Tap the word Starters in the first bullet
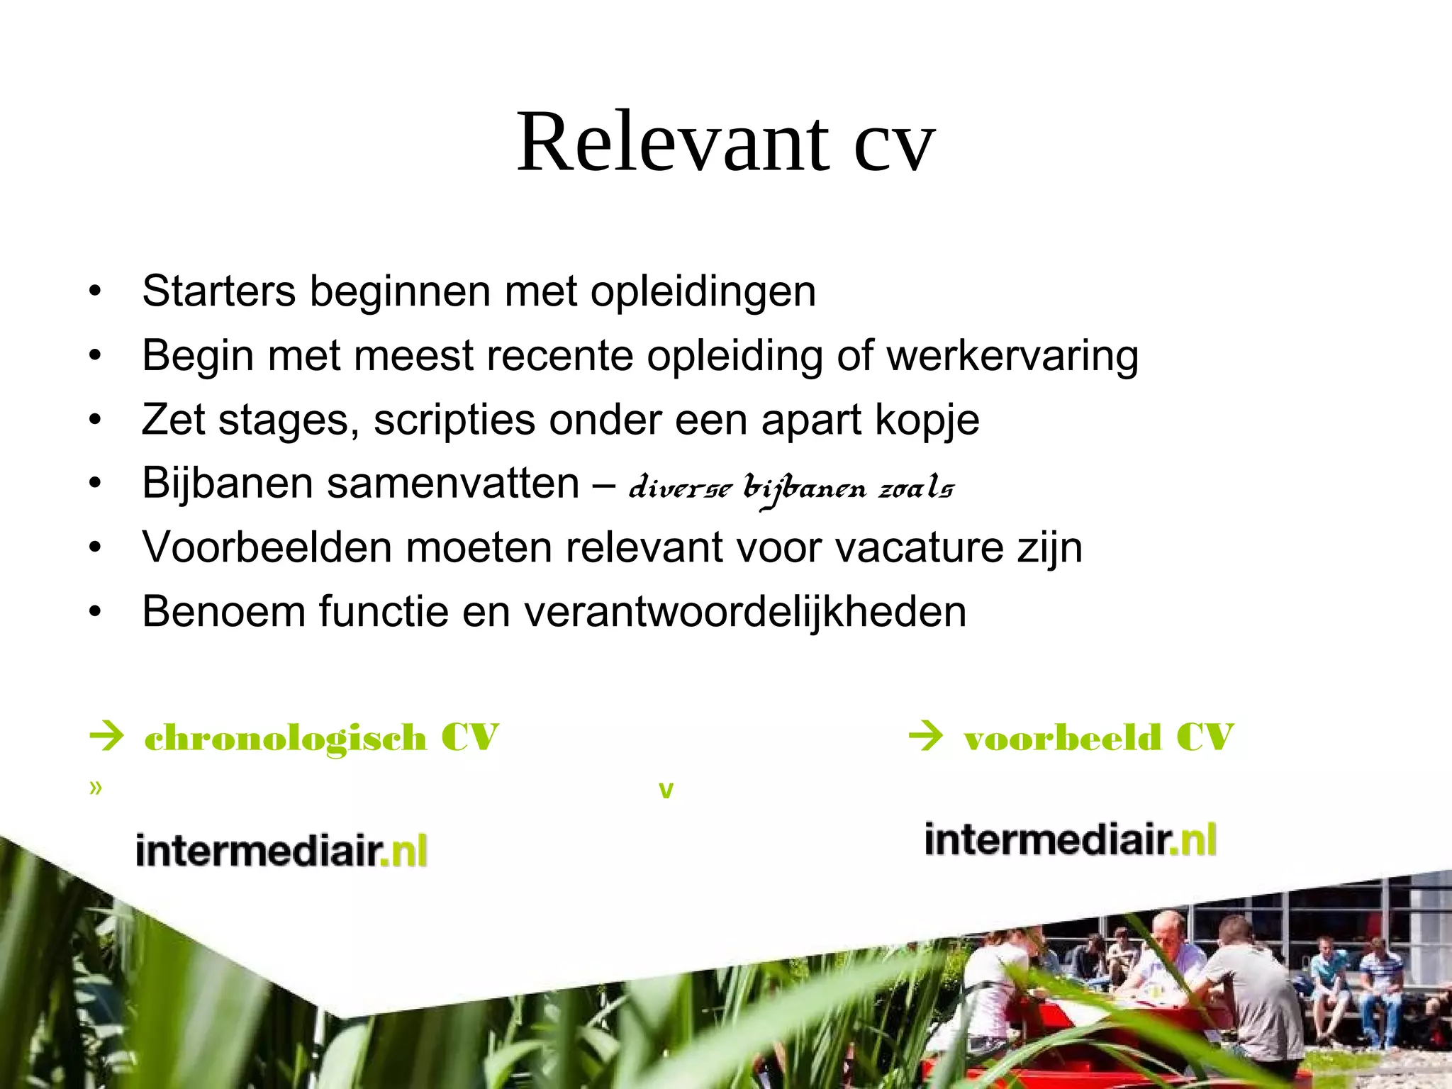(x=218, y=291)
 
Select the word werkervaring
(x=1012, y=355)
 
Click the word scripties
(x=454, y=420)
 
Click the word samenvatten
(x=453, y=484)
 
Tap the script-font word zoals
(x=916, y=488)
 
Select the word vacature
(x=919, y=548)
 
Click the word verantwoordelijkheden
(x=744, y=612)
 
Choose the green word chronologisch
(x=285, y=738)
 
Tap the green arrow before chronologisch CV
(x=107, y=736)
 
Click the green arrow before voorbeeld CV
(x=925, y=736)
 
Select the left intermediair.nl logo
(x=281, y=849)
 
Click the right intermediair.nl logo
(x=1071, y=839)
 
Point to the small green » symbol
(x=96, y=788)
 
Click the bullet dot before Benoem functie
(x=96, y=612)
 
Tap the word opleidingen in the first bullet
(x=703, y=291)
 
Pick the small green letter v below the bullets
(x=666, y=791)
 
